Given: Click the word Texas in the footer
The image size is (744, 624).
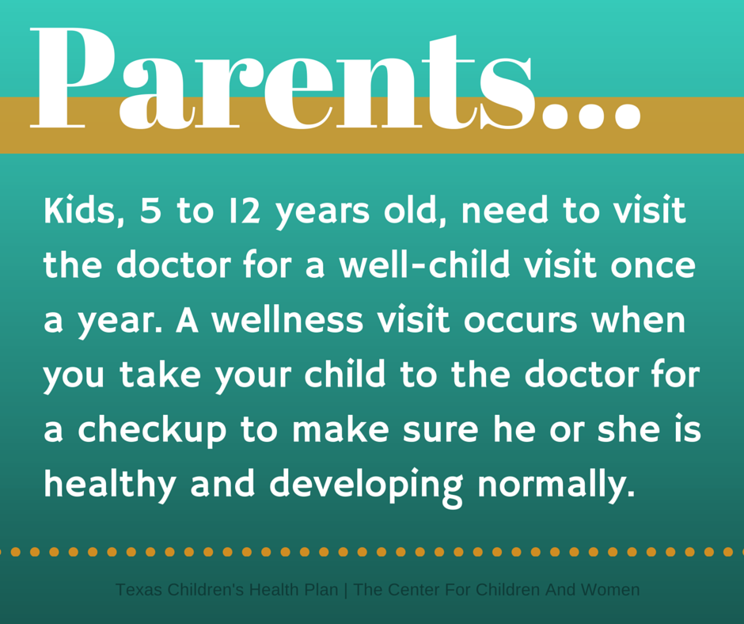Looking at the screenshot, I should [135, 590].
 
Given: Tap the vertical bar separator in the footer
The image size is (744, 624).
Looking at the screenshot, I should [348, 590].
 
